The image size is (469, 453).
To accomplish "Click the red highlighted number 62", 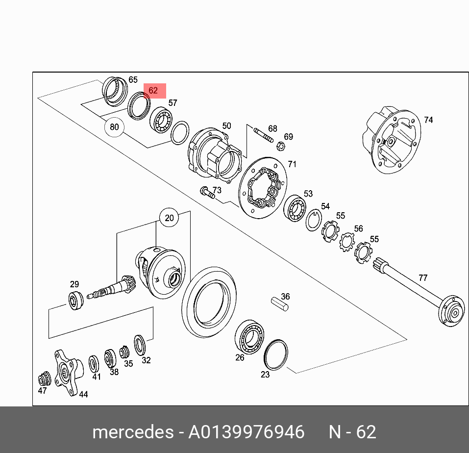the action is click(x=154, y=91).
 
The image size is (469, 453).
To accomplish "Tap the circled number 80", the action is click(x=114, y=127).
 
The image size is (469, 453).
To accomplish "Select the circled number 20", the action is click(x=169, y=218).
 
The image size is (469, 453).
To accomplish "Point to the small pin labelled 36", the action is click(x=281, y=303).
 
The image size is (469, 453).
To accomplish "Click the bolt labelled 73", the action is click(x=207, y=192).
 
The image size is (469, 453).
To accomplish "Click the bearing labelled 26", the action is click(x=250, y=335).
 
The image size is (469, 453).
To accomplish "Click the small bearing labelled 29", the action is click(x=75, y=300).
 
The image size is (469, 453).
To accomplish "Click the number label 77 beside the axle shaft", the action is click(x=422, y=277).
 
